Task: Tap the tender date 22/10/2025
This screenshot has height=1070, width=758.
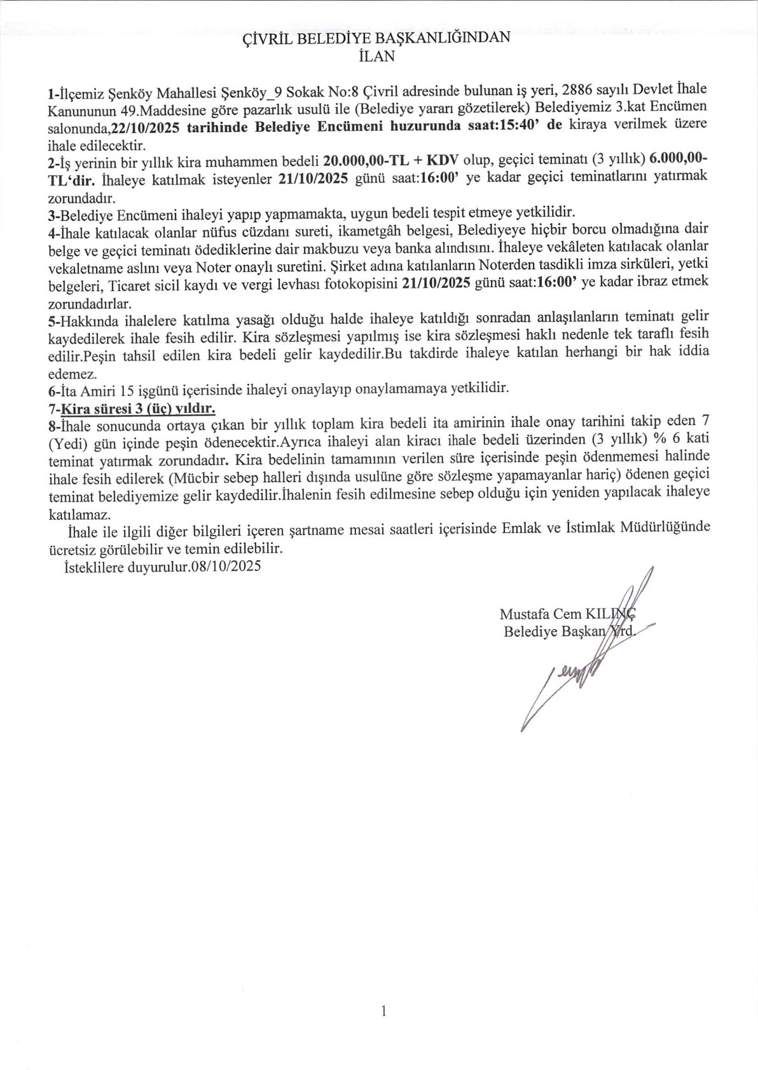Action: coord(146,126)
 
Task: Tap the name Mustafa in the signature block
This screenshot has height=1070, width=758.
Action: coord(523,614)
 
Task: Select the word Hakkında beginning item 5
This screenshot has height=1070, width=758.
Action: coord(83,316)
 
